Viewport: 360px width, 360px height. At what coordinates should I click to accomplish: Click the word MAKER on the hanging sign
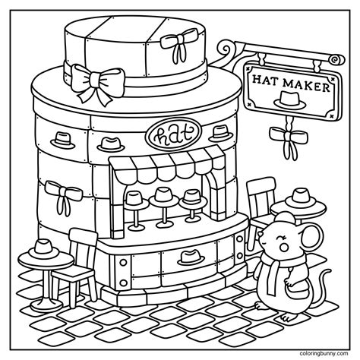[x=306, y=85]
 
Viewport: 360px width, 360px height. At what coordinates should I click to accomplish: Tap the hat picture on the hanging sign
[x=290, y=100]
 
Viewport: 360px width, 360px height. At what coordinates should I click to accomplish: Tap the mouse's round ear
[x=311, y=236]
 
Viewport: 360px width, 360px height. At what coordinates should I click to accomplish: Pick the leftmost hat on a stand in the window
[x=135, y=200]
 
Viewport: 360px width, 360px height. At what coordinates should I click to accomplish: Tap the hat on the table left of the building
[x=43, y=249]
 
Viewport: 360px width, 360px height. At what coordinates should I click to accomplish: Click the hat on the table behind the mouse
[x=301, y=199]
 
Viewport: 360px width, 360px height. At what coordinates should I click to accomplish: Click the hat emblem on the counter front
[x=191, y=257]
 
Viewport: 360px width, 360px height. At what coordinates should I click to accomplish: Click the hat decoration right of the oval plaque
[x=221, y=134]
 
